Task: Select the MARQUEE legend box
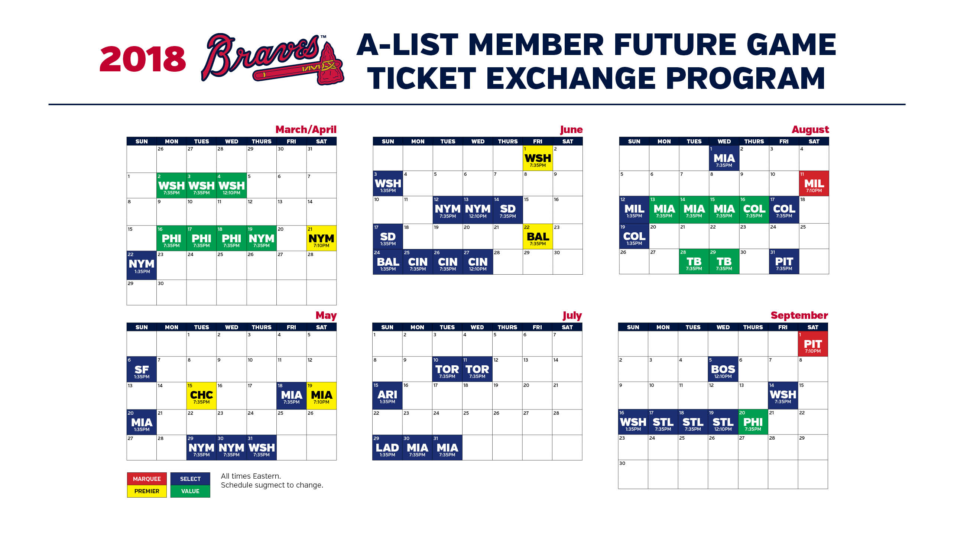click(147, 479)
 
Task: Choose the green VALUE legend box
click(190, 491)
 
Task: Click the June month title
click(571, 130)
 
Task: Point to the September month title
click(799, 315)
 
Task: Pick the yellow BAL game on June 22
click(538, 236)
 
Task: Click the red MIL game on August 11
click(814, 183)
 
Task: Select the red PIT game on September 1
click(813, 344)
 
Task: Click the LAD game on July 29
click(387, 447)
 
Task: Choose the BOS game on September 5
click(723, 369)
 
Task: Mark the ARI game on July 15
click(387, 395)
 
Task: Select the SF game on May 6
click(142, 369)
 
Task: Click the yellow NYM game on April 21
click(321, 238)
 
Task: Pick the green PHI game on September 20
click(753, 422)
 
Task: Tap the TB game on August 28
click(694, 262)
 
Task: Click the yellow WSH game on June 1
click(538, 158)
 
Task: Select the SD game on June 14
click(507, 210)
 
